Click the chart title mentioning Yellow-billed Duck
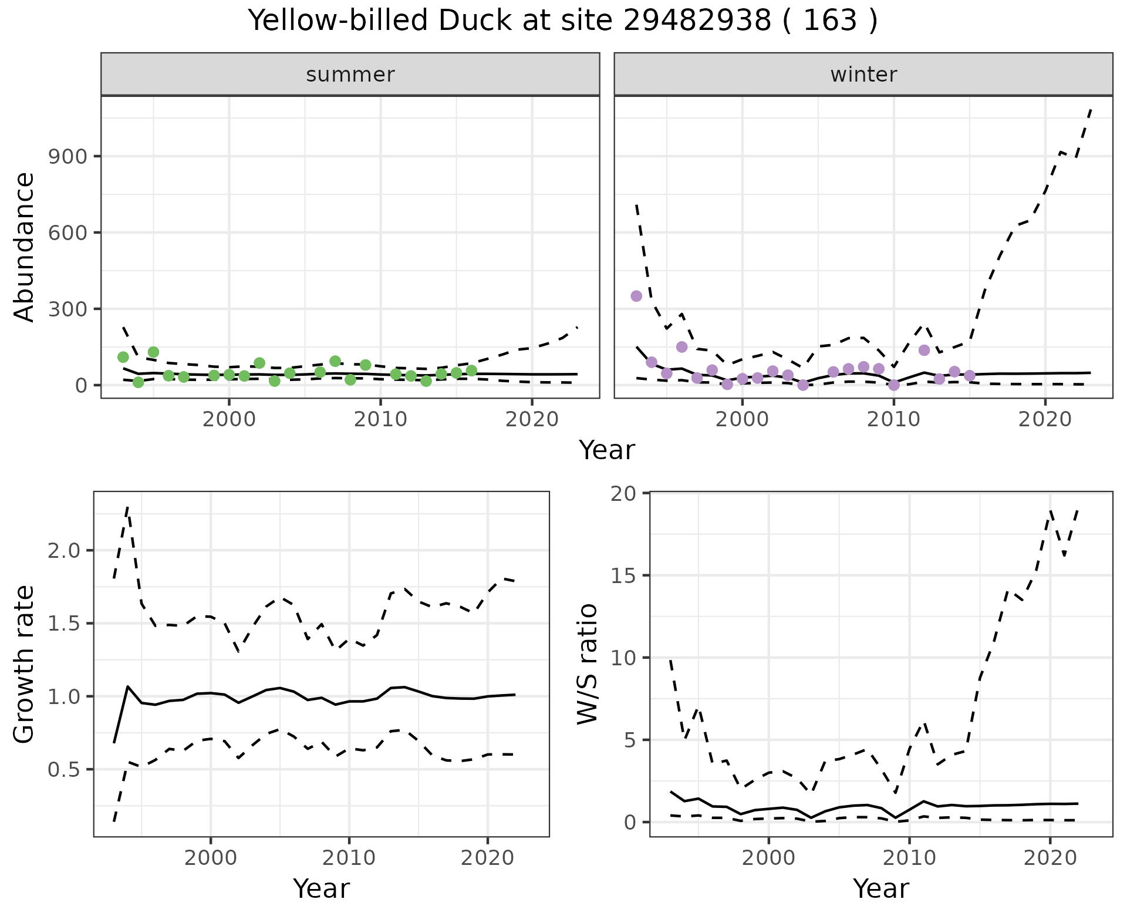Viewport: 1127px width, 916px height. click(x=562, y=21)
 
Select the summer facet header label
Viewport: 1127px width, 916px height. click(x=350, y=75)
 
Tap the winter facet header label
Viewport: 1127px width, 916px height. click(x=863, y=75)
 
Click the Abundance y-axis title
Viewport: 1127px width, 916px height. click(x=25, y=247)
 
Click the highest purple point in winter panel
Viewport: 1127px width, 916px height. click(x=636, y=296)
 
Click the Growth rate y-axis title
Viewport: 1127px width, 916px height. click(x=25, y=665)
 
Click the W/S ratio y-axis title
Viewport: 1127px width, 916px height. click(x=588, y=665)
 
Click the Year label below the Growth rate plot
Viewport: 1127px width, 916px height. click(x=321, y=889)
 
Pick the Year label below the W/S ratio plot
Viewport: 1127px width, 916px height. click(x=880, y=889)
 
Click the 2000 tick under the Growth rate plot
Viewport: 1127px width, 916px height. click(x=211, y=858)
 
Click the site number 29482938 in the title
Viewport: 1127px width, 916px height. click(x=697, y=21)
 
